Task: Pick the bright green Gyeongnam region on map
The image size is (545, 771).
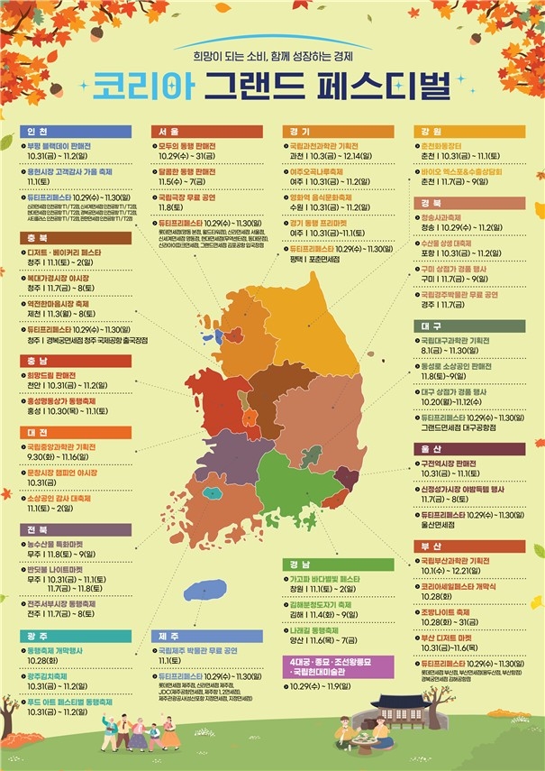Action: [288, 478]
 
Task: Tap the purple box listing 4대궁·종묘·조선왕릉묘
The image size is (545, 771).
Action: [329, 668]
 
